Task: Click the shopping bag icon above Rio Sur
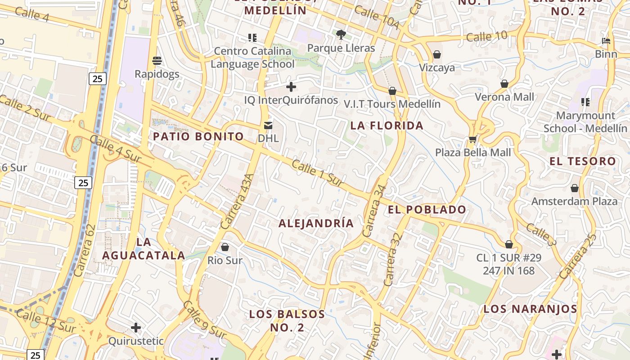click(225, 247)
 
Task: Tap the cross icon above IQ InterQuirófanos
click(291, 86)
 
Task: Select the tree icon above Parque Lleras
click(341, 34)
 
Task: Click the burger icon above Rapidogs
click(157, 60)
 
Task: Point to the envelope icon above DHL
click(268, 125)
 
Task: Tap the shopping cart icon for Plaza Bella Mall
click(472, 139)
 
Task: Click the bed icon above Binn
click(606, 41)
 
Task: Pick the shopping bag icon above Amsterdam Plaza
click(575, 188)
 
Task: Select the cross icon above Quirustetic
click(136, 328)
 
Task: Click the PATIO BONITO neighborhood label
click(198, 136)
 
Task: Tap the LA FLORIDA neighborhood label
click(387, 126)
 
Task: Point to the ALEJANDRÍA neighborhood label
click(316, 223)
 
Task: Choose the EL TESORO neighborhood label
click(583, 161)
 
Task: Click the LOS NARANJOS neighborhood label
click(530, 309)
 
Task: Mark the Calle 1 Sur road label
click(318, 172)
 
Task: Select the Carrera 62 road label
click(85, 250)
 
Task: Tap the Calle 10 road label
click(487, 36)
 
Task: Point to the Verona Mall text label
click(505, 97)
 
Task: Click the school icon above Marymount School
click(585, 102)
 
